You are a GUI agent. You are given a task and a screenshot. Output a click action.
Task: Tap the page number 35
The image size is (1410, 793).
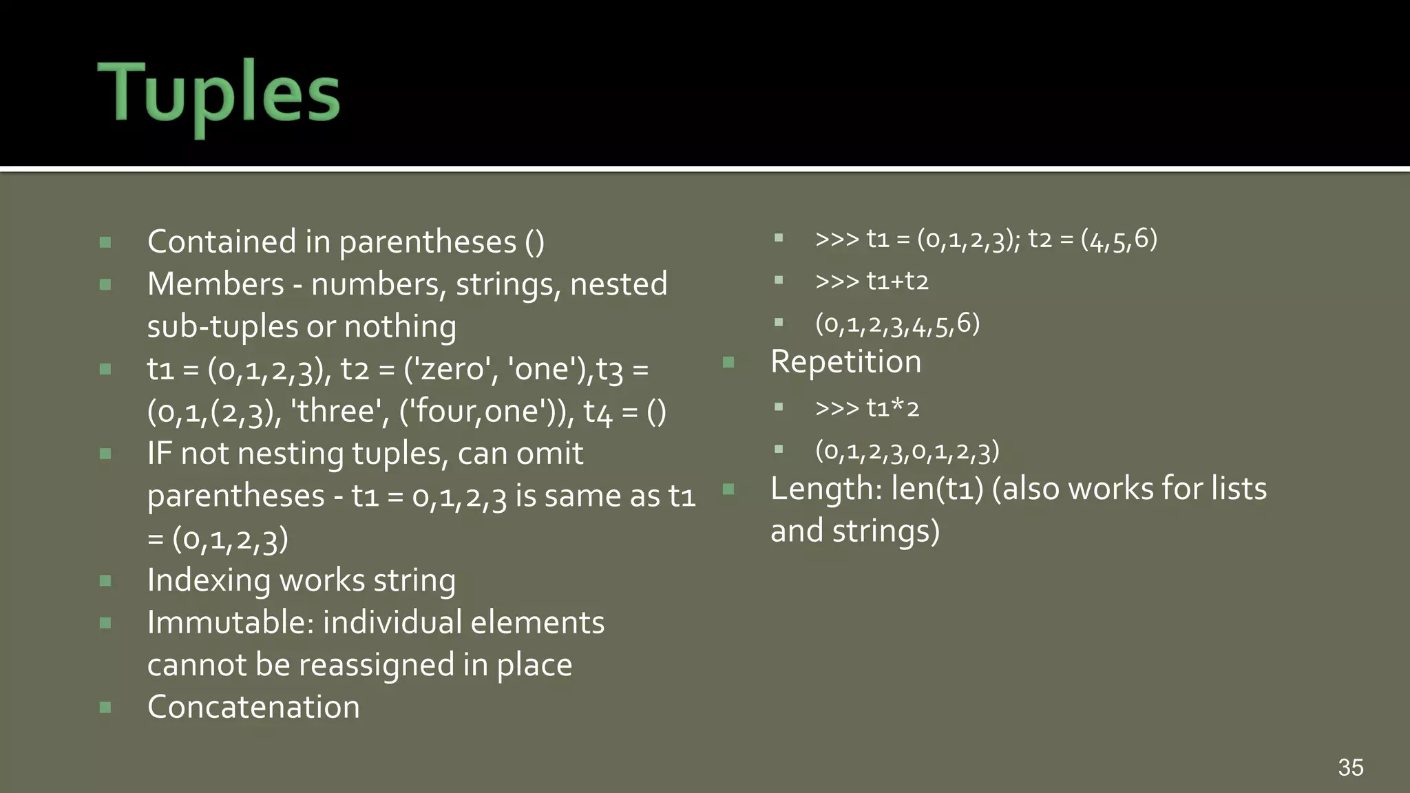click(x=1350, y=768)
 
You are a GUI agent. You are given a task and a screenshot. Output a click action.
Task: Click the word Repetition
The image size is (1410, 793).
click(x=845, y=361)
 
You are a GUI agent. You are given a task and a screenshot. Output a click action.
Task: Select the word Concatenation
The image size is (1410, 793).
click(x=253, y=707)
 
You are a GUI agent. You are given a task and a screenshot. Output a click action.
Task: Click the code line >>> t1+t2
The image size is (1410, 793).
click(x=872, y=281)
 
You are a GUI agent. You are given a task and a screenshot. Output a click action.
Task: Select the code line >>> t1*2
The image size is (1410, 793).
click(x=867, y=408)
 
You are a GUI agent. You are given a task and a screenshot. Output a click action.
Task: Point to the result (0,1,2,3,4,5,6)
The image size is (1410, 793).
click(x=897, y=324)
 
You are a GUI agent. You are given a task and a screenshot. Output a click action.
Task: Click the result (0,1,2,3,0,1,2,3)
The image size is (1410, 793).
click(x=907, y=452)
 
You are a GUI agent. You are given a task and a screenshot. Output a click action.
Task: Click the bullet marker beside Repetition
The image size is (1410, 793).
click(x=728, y=362)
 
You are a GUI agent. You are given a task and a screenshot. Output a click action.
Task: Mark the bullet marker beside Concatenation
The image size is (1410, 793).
click(x=105, y=708)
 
